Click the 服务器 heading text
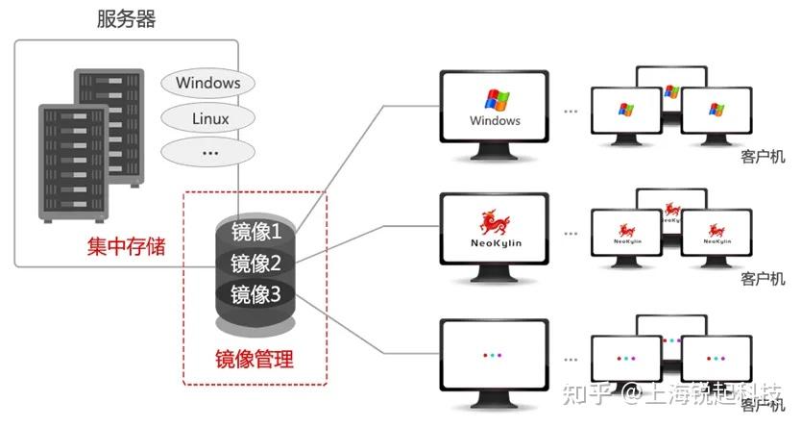tap(126, 18)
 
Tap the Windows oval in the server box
tap(207, 83)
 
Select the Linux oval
tap(210, 119)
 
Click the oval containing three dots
tap(210, 152)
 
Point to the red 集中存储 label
tap(126, 246)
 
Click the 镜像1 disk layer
tap(255, 232)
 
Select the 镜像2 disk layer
tap(255, 264)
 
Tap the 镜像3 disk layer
tap(255, 294)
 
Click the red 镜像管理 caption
tap(255, 361)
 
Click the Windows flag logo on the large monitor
tap(496, 100)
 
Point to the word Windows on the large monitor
tap(495, 121)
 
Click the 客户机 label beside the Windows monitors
tap(764, 157)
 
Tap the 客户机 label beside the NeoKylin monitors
tap(764, 278)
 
